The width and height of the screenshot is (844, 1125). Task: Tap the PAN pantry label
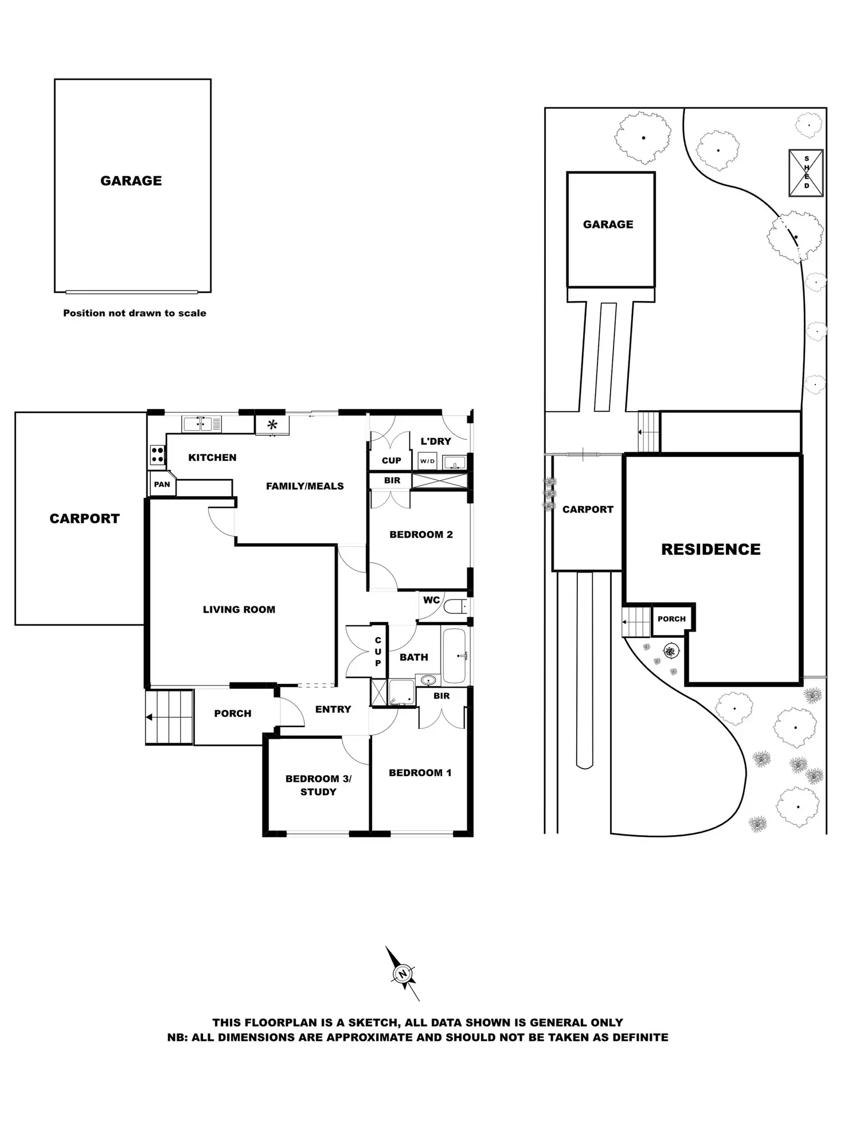pos(162,484)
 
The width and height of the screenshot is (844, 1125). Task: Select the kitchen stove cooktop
pos(158,455)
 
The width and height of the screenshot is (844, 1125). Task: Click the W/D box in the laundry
pos(427,461)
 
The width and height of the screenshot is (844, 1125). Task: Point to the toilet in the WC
pos(457,606)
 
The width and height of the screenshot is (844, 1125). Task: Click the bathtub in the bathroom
pos(455,655)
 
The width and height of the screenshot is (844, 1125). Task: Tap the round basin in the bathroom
pos(428,680)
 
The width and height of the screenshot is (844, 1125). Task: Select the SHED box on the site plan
pos(806,173)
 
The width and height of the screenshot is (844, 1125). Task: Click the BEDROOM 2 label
pos(421,535)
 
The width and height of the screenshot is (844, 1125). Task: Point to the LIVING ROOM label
pos(239,610)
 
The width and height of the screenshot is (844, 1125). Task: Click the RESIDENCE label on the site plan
pos(711,550)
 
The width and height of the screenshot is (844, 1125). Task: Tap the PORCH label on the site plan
pos(671,619)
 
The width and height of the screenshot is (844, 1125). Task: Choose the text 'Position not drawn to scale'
pos(135,313)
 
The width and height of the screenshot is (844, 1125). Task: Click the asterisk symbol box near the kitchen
pos(272,425)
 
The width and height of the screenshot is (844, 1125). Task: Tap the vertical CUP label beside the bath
pos(378,652)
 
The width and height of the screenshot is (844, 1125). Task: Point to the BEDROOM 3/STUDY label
pos(318,785)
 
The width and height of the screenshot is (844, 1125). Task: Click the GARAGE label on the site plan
pos(608,225)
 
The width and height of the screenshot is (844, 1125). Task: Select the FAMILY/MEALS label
pos(305,486)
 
